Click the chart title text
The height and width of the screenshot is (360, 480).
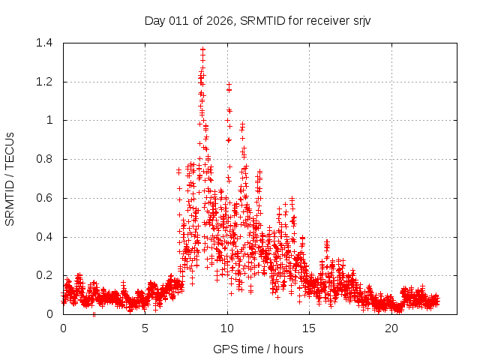point(258,20)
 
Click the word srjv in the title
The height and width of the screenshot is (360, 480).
point(359,20)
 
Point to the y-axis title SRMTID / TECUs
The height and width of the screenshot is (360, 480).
point(10,178)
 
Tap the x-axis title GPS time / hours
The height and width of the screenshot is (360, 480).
point(258,349)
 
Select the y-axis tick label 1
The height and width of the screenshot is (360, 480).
point(49,120)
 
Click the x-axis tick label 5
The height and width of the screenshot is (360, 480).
point(145,328)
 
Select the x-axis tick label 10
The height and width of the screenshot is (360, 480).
point(227,328)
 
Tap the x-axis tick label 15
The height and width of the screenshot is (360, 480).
point(310,328)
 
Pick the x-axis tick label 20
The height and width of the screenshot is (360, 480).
point(391,328)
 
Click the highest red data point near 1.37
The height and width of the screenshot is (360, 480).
point(202,49)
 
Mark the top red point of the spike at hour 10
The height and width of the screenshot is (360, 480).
point(229,85)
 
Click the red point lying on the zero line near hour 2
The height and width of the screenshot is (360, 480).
point(94,314)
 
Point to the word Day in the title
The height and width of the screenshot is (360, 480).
point(154,20)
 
